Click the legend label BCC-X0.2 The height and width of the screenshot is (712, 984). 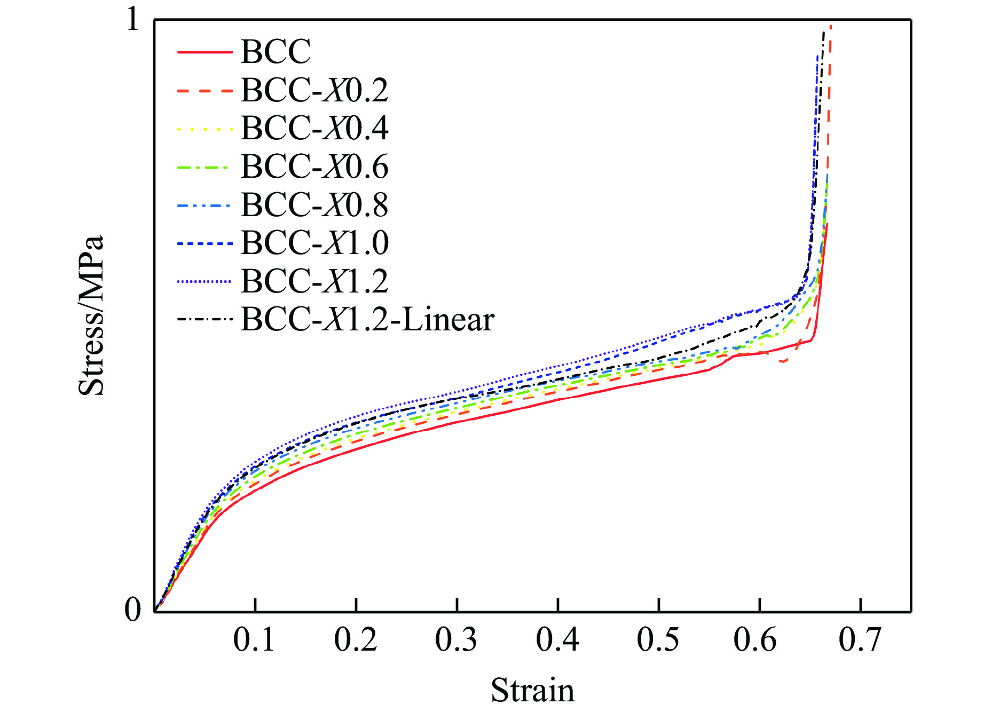click(x=314, y=90)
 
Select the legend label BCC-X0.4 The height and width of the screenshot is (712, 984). click(x=314, y=128)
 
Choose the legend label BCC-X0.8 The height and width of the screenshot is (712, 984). click(x=314, y=204)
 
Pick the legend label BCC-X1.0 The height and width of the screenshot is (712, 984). click(x=314, y=243)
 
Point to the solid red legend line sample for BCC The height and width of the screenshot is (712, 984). click(x=204, y=52)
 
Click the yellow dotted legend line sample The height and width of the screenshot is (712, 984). click(x=204, y=129)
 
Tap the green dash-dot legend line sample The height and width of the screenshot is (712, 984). click(x=204, y=167)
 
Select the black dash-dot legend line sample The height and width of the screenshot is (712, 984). click(x=204, y=320)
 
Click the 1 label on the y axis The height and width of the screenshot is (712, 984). click(x=132, y=21)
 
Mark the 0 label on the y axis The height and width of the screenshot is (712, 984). click(x=132, y=609)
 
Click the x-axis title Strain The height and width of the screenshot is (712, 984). click(x=532, y=690)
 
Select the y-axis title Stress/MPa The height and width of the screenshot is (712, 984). click(x=91, y=315)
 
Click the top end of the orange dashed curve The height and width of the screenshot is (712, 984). click(x=831, y=26)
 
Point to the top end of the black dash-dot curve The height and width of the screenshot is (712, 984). click(x=824, y=32)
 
